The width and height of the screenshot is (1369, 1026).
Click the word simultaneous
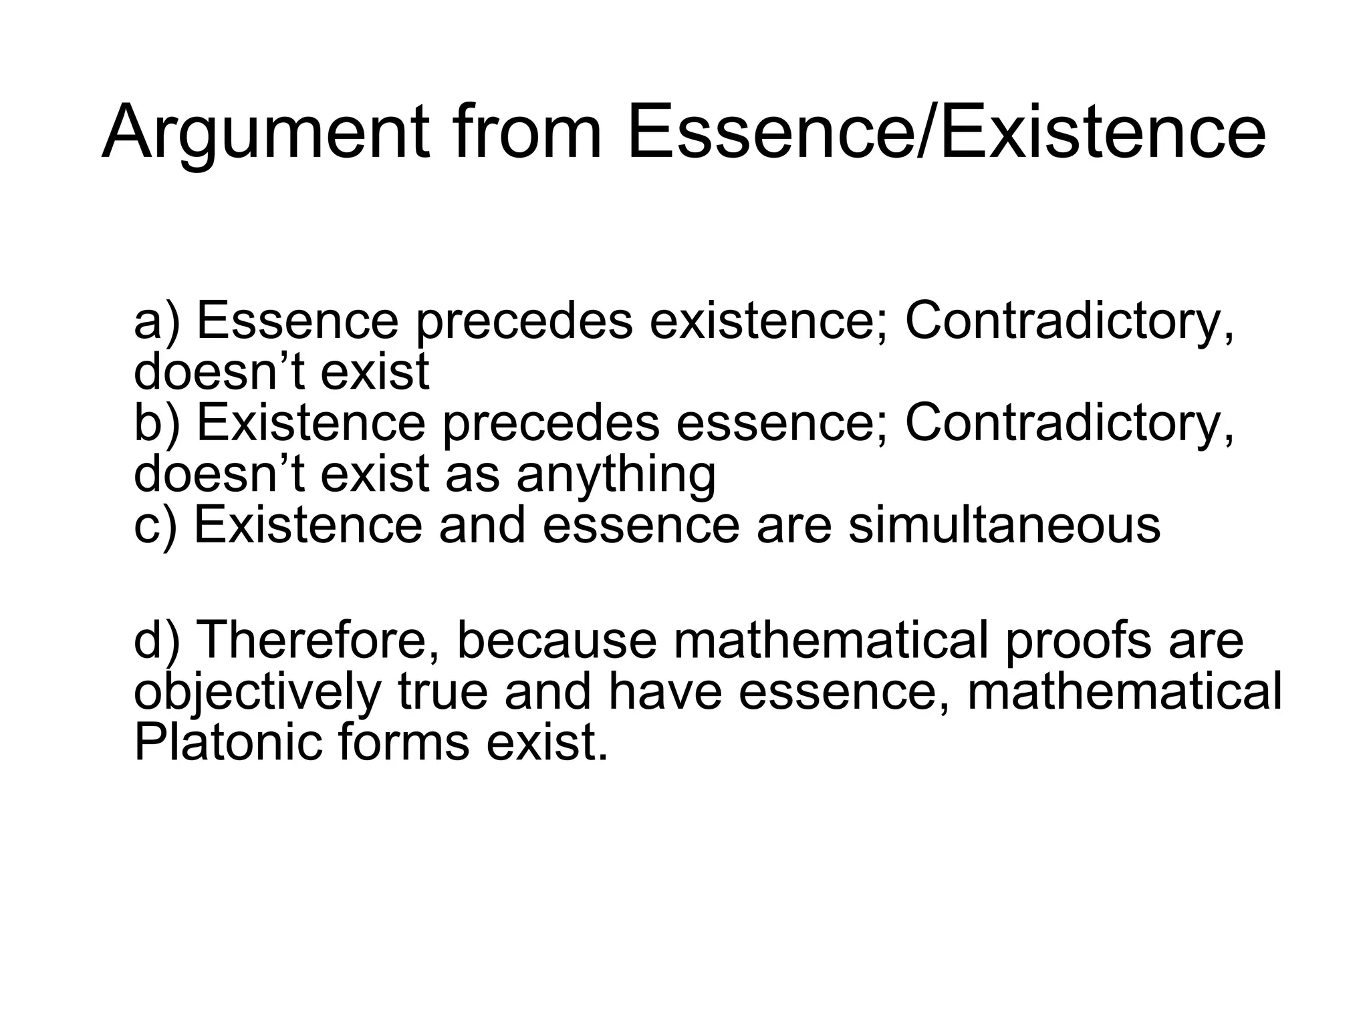point(1004,526)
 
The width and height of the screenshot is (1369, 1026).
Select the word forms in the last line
point(404,743)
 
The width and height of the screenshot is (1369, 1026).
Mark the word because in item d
point(557,641)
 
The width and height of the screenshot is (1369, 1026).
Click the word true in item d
point(443,693)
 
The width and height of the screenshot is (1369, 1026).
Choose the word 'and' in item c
point(483,526)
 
